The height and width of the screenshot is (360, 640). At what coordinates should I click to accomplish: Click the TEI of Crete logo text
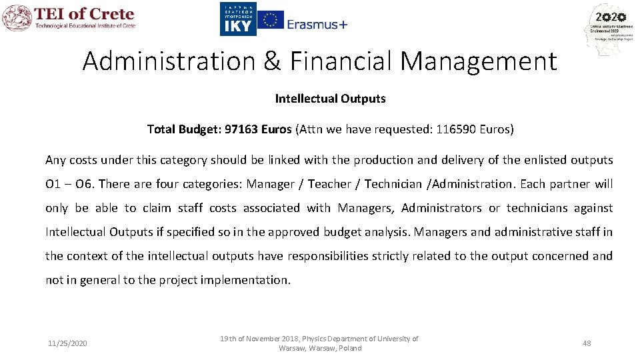(x=84, y=15)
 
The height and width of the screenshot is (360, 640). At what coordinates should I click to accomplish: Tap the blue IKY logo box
(x=237, y=19)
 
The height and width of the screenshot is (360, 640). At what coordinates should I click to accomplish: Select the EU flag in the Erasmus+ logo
(x=270, y=20)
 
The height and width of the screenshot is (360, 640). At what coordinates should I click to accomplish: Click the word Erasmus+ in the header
(x=317, y=24)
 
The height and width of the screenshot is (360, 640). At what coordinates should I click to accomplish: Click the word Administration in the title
(x=169, y=61)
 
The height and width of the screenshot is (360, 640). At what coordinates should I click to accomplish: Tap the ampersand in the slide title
(x=272, y=61)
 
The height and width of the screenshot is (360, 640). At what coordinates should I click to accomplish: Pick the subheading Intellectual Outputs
(x=330, y=99)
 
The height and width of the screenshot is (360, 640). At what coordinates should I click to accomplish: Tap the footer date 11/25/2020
(x=67, y=343)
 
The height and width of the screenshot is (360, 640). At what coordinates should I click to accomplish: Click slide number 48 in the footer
(x=587, y=343)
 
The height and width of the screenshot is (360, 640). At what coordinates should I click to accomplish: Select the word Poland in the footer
(x=350, y=348)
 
